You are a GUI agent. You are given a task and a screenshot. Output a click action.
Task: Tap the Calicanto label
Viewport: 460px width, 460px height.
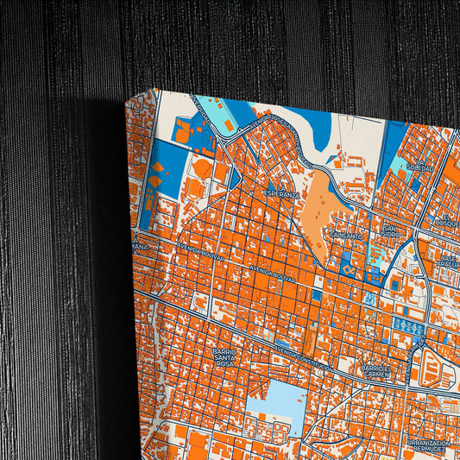click(345, 234)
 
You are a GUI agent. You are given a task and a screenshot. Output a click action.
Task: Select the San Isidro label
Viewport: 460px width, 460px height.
click(391, 231)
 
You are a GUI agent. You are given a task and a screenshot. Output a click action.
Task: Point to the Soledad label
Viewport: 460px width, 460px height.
click(420, 167)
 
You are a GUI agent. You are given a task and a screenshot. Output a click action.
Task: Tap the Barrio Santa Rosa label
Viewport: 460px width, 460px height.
click(224, 357)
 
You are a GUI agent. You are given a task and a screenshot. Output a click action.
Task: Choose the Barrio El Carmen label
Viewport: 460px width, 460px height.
click(377, 372)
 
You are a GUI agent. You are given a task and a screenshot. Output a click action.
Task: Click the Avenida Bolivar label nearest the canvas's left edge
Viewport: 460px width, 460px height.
click(200, 251)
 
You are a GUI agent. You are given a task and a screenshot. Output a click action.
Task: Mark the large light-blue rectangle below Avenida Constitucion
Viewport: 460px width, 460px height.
click(275, 406)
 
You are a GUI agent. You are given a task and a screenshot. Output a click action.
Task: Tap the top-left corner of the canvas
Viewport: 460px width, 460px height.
click(129, 98)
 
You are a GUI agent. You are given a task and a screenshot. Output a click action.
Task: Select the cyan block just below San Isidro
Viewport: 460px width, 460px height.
click(377, 255)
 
